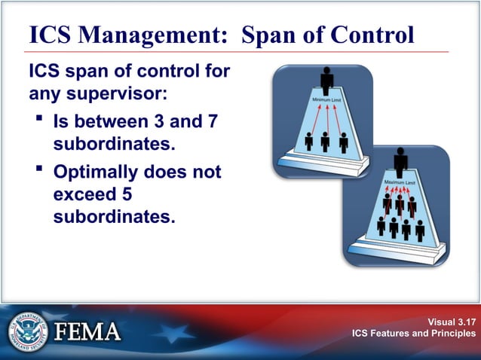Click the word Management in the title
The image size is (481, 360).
pyautogui.click(x=144, y=35)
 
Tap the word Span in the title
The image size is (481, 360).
pyautogui.click(x=271, y=35)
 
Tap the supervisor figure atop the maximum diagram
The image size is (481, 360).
pyautogui.click(x=400, y=161)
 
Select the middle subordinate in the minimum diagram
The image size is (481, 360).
pyautogui.click(x=326, y=141)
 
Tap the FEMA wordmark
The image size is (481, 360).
pyautogui.click(x=86, y=332)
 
